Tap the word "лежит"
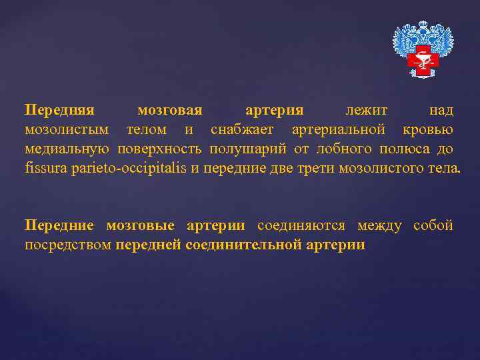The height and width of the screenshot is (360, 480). [x=367, y=109]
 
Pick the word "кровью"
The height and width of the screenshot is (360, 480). [x=428, y=129]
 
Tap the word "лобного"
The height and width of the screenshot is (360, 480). [x=339, y=147]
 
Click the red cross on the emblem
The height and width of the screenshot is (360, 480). [x=423, y=62]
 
